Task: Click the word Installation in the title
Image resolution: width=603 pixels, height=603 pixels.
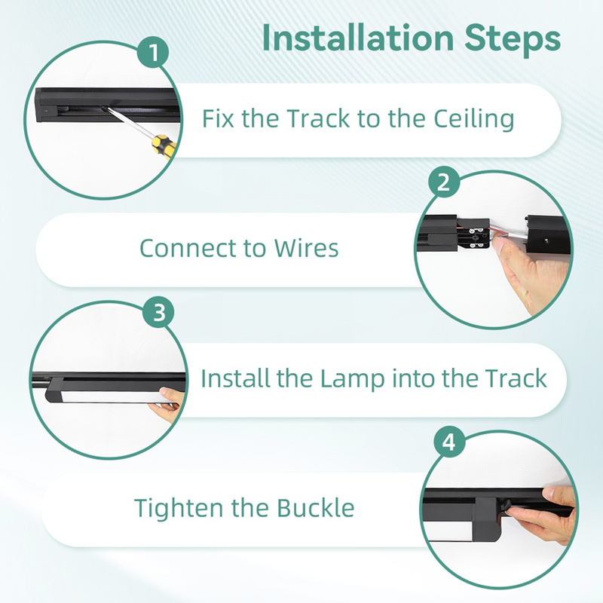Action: (x=358, y=38)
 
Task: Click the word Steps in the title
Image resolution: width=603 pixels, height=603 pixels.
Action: (x=513, y=39)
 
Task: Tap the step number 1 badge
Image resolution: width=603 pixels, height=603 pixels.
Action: (x=154, y=52)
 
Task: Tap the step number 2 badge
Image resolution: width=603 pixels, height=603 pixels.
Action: (x=444, y=182)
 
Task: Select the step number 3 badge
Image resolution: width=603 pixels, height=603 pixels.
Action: (x=158, y=312)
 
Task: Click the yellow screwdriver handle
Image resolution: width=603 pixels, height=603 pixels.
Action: (x=164, y=144)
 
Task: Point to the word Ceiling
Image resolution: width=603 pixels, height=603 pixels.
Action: (x=474, y=119)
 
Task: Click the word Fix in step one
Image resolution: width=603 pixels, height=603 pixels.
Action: (x=218, y=118)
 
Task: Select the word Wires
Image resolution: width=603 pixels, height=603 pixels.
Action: (x=306, y=248)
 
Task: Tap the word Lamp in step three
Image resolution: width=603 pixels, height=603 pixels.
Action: (x=352, y=379)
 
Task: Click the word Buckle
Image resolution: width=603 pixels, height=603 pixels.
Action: (x=315, y=508)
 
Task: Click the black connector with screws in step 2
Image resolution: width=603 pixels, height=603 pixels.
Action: (x=473, y=234)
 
